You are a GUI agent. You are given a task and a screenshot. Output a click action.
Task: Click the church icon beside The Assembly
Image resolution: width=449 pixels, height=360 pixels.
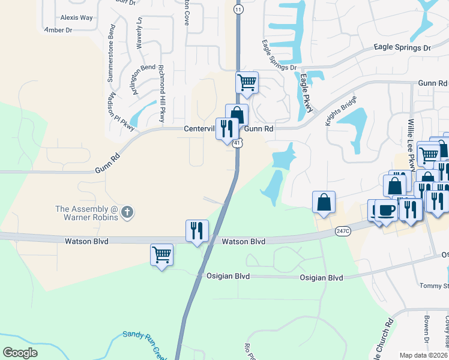click(127, 212)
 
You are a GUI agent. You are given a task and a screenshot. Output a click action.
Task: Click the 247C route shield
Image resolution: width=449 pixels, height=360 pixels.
click(343, 230)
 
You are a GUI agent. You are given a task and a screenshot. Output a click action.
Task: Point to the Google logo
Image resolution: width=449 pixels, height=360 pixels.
click(20, 353)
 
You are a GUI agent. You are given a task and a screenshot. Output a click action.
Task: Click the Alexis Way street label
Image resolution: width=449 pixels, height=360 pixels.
click(77, 18)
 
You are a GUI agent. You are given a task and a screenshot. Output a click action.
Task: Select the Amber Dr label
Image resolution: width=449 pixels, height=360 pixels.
click(58, 29)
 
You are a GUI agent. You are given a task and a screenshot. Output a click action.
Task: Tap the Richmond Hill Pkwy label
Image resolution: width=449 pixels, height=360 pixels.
click(161, 94)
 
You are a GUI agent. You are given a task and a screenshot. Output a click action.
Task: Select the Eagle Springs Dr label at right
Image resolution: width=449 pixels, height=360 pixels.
click(402, 47)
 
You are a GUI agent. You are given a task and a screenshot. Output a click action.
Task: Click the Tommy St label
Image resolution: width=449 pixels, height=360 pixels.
click(434, 285)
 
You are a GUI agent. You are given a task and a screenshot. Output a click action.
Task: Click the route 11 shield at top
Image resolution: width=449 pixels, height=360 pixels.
click(239, 10)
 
